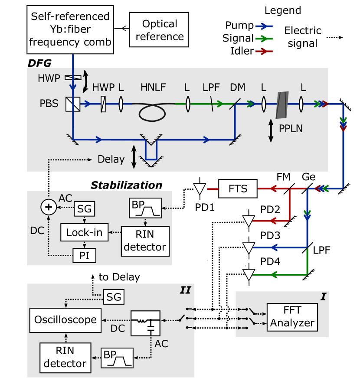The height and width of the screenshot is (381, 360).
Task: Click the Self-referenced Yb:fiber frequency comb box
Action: click(x=70, y=29)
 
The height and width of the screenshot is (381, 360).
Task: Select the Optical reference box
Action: click(x=159, y=30)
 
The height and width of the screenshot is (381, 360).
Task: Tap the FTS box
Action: click(x=238, y=189)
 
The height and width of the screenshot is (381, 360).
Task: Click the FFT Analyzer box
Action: click(x=292, y=317)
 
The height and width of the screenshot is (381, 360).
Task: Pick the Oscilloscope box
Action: click(x=65, y=320)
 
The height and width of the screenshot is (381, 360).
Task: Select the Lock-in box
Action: click(x=84, y=232)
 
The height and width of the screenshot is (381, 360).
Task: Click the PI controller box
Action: click(x=84, y=255)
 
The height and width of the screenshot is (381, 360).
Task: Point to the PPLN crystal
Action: click(x=282, y=105)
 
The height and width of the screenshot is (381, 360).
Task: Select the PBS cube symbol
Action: click(x=72, y=104)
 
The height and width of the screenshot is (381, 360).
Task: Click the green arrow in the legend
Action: click(x=264, y=39)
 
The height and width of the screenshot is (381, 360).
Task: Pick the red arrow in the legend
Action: click(x=264, y=51)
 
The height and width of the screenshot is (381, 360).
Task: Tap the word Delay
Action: click(x=111, y=159)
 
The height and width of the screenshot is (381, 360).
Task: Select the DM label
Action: click(x=238, y=88)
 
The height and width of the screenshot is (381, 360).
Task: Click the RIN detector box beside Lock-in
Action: click(x=145, y=241)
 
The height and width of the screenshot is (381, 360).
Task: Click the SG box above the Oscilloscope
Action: click(x=114, y=297)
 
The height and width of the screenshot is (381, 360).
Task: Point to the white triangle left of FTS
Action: click(x=199, y=189)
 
